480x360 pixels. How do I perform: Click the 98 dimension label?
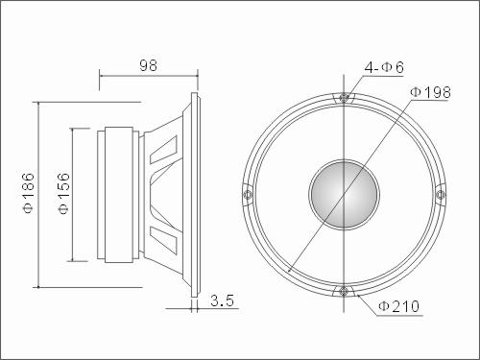[x=148, y=65]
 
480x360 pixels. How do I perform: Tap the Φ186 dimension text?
[x=29, y=193]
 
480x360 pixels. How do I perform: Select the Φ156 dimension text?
[x=63, y=193]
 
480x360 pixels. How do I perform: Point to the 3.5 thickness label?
[x=222, y=300]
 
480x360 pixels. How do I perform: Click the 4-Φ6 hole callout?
[x=384, y=67]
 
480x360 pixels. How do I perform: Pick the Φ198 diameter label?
[x=430, y=92]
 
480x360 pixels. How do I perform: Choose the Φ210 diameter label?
[x=398, y=306]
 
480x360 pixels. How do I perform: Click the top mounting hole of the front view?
[x=344, y=97]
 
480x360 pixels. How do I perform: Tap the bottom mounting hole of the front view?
[x=344, y=291]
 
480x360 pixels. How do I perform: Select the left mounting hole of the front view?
[x=247, y=194]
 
